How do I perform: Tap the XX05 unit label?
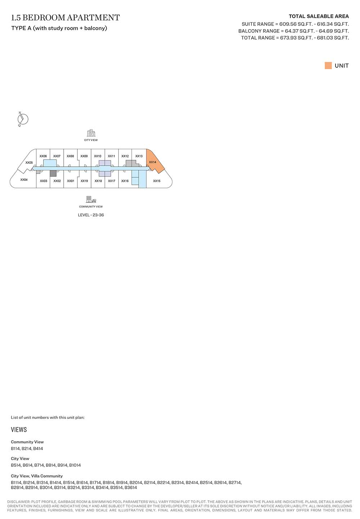[x=29, y=163]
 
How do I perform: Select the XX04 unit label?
[x=24, y=180]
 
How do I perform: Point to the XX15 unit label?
[x=157, y=181]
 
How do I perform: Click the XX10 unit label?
[x=98, y=156]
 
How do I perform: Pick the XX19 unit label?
[x=84, y=181]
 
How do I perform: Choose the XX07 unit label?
[x=57, y=156]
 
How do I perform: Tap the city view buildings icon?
[x=91, y=133]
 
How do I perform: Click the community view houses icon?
[x=91, y=200]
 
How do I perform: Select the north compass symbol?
[x=23, y=119]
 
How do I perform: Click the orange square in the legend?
[x=328, y=66]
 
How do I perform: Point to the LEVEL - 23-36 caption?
[x=91, y=215]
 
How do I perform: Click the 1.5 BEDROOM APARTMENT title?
[x=66, y=18]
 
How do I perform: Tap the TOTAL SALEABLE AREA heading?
[x=319, y=16]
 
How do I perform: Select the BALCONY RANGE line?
[x=293, y=31]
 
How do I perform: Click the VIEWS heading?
[x=19, y=430]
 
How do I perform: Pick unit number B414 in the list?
[x=38, y=449]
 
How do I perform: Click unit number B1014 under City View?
[x=75, y=465]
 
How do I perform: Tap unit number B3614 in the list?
[x=131, y=488]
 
